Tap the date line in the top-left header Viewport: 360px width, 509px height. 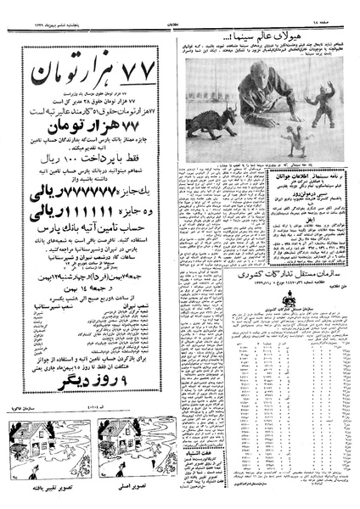34,9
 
